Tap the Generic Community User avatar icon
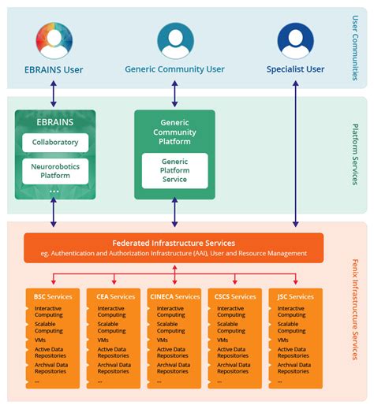click(175, 40)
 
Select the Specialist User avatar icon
click(295, 40)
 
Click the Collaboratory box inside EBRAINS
click(55, 143)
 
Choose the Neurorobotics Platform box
click(55, 171)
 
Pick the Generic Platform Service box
click(175, 170)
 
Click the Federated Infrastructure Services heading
click(174, 243)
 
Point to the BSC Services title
click(53, 296)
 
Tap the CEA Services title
click(113, 296)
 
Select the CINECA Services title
click(174, 296)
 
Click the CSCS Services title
click(235, 296)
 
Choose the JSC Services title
click(295, 296)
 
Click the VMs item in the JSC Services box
click(282, 340)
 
